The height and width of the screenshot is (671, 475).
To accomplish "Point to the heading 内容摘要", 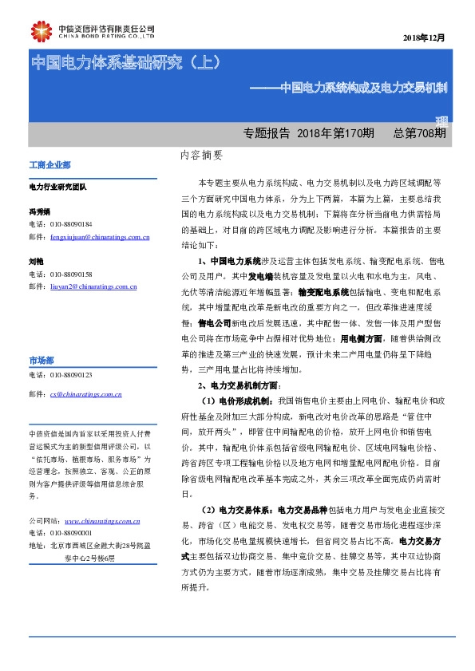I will click(x=201, y=157).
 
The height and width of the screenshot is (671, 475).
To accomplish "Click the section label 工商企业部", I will click(x=49, y=165).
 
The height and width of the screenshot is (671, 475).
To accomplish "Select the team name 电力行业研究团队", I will click(x=57, y=187).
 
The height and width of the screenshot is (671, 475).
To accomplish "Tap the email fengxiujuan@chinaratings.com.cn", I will click(x=99, y=237).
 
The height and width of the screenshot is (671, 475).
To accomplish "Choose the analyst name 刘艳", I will click(x=35, y=261).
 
